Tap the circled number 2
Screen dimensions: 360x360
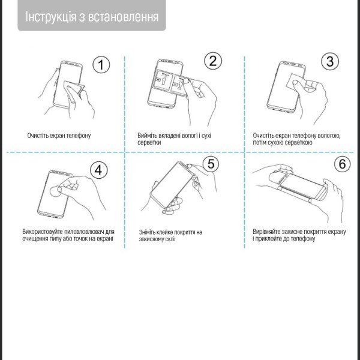(x=212, y=60)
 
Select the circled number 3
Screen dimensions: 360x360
(x=329, y=61)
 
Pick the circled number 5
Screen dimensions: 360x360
(x=209, y=163)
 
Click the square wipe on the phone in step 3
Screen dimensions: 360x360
(x=295, y=80)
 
